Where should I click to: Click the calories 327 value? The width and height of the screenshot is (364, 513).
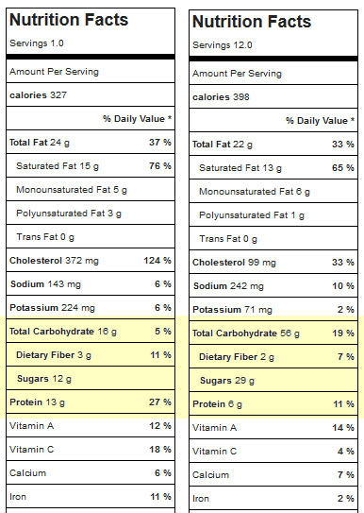[x=39, y=95]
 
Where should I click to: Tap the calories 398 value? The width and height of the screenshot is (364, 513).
[x=221, y=97]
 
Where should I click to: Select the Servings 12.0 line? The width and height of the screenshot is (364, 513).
[x=223, y=45]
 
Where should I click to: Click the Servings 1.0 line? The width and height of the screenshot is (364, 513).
[x=37, y=43]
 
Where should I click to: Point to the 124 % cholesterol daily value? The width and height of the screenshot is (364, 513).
[x=157, y=261]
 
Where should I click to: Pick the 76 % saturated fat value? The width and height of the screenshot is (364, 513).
[x=160, y=166]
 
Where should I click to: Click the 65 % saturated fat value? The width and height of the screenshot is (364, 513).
[x=342, y=168]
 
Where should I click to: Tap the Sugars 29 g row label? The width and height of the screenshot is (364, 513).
[x=227, y=381]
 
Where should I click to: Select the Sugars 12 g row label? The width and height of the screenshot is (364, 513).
[x=44, y=379]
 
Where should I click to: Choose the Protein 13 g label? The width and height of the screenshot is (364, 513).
[x=37, y=402]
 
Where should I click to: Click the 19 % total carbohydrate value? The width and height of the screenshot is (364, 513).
[x=343, y=333]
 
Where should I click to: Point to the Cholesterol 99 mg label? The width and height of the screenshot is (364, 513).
[x=234, y=263]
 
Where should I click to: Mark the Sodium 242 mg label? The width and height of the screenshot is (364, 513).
[x=228, y=286]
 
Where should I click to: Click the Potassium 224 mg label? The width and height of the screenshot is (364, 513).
[x=52, y=308]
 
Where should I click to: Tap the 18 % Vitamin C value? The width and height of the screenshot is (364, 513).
[x=160, y=449]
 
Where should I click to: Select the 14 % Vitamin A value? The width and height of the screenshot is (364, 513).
[x=343, y=428]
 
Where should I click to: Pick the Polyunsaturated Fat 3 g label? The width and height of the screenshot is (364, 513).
[x=69, y=214]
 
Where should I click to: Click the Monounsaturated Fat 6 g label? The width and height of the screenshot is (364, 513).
[x=255, y=192]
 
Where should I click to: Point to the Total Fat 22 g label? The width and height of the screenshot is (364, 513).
[x=223, y=145]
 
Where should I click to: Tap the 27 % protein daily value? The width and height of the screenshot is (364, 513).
[x=160, y=402]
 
